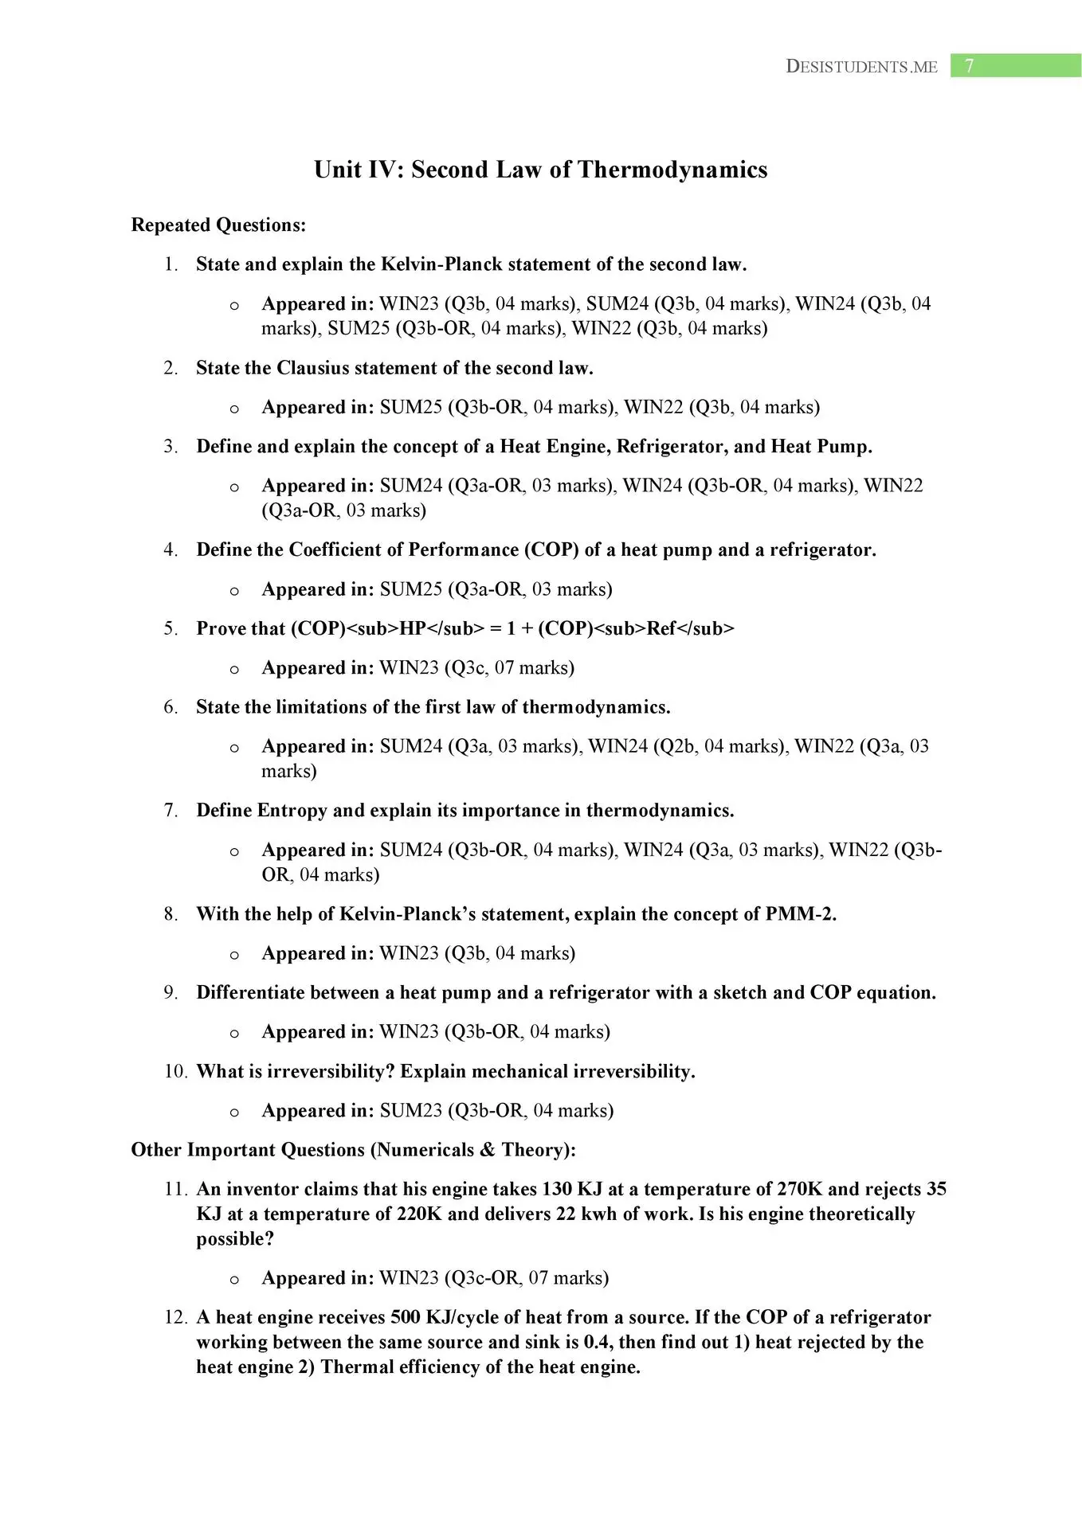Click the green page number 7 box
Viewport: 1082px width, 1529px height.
[1015, 66]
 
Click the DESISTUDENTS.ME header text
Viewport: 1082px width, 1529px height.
[861, 67]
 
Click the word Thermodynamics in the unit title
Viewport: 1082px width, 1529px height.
[672, 170]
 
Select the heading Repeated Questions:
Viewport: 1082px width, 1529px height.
[218, 225]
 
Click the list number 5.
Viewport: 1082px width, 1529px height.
[171, 629]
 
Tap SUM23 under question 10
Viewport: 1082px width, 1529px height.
[410, 1111]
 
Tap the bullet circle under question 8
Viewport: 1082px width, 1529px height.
[234, 955]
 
